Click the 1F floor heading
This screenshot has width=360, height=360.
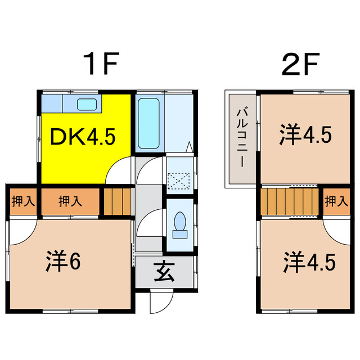101,66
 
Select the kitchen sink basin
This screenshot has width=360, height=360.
86,103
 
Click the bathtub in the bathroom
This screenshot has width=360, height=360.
148,122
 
